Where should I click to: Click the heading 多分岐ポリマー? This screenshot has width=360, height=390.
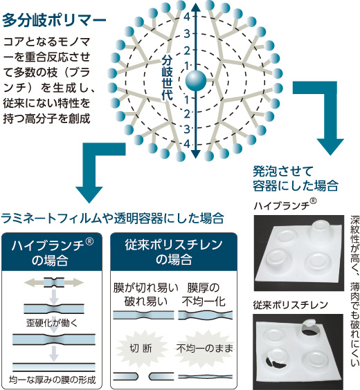[x=54, y=20]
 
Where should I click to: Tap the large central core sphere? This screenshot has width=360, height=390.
[x=196, y=81]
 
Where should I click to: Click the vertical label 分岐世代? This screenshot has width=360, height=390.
[x=167, y=78]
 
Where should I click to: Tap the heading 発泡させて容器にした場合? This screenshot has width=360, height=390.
[x=296, y=178]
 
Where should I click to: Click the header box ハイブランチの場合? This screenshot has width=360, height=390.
[x=52, y=252]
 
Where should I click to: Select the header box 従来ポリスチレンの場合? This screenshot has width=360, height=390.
[x=174, y=252]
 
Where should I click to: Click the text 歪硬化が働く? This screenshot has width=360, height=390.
[x=52, y=323]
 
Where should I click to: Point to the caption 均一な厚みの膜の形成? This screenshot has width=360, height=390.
[x=52, y=380]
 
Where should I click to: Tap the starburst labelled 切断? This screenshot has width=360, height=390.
[x=141, y=349]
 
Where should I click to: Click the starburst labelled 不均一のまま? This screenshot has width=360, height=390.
[x=205, y=349]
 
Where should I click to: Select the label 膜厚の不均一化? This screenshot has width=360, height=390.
[x=204, y=295]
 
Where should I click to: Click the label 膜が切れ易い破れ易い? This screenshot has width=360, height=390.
[x=146, y=295]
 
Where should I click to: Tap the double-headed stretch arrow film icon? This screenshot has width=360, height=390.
[x=54, y=283]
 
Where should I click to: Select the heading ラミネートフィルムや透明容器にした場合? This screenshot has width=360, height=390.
[x=113, y=218]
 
